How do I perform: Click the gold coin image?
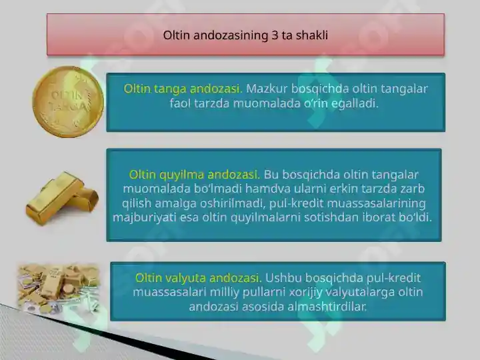click(x=68, y=101)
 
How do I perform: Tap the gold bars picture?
click(x=62, y=199)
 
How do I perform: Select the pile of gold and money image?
click(x=59, y=288)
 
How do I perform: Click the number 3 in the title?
click(x=274, y=35)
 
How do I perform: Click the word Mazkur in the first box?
click(x=267, y=89)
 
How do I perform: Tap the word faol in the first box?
click(x=180, y=103)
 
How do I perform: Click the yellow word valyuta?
click(x=185, y=278)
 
